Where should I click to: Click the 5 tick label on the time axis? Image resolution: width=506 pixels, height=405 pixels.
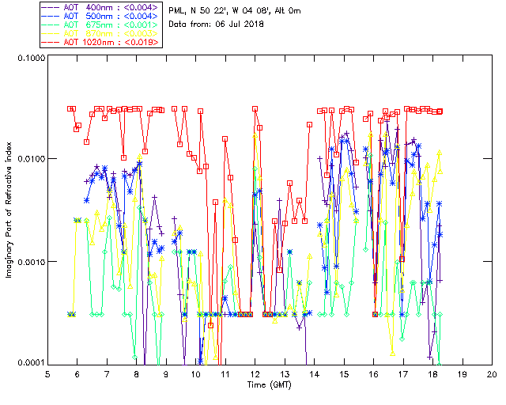[48, 373]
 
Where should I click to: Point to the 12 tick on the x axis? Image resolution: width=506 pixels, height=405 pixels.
[255, 373]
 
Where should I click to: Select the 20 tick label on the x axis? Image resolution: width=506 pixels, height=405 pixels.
[492, 373]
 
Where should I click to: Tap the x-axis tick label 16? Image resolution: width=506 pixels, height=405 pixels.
[374, 373]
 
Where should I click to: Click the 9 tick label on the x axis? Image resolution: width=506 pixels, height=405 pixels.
[167, 373]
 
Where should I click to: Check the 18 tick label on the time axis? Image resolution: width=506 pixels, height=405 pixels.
[433, 373]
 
